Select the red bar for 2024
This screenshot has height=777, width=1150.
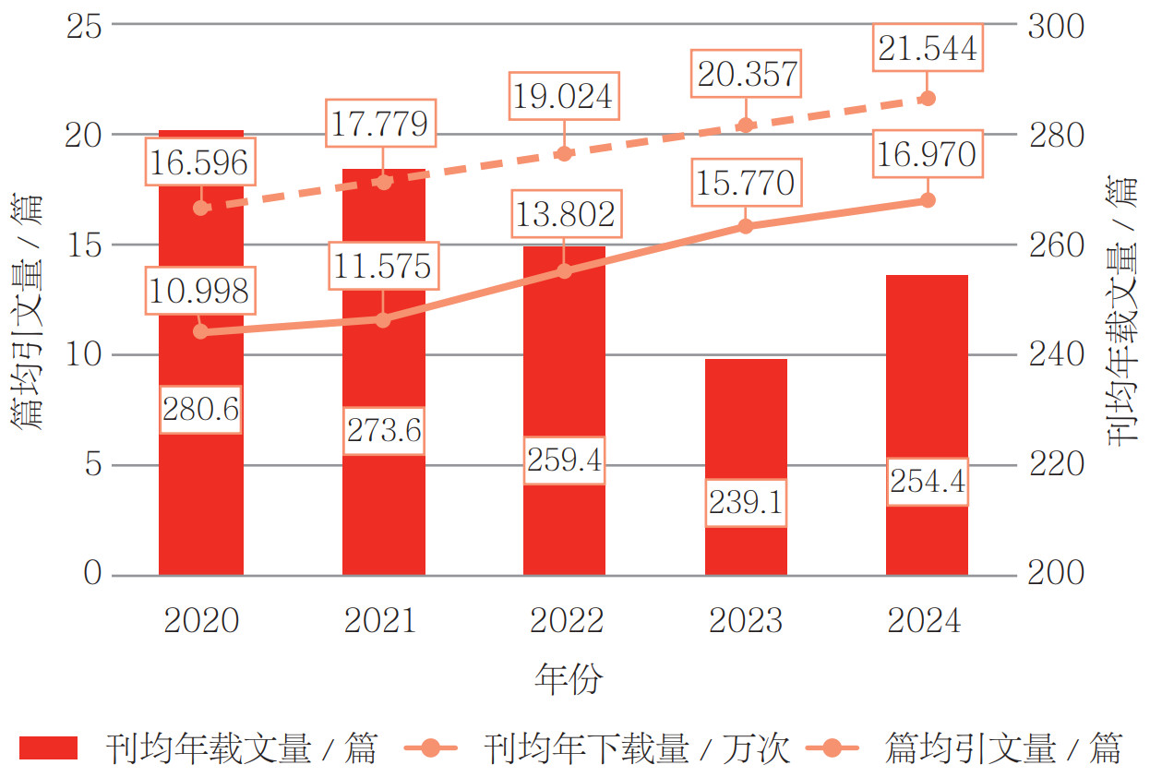point(928,388)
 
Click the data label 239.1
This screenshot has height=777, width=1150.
point(747,503)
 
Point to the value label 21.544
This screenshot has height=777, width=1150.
point(928,48)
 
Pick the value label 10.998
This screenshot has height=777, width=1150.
point(198,291)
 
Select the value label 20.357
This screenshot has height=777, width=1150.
point(747,74)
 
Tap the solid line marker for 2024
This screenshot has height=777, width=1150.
point(928,200)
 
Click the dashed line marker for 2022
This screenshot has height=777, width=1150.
point(566,153)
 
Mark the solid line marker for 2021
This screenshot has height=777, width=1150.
point(384,319)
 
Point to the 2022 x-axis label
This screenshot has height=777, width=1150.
point(566,621)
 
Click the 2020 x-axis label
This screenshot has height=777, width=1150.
point(201,621)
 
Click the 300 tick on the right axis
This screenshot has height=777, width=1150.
point(1056,25)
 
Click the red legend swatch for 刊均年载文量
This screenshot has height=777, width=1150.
point(48,747)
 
